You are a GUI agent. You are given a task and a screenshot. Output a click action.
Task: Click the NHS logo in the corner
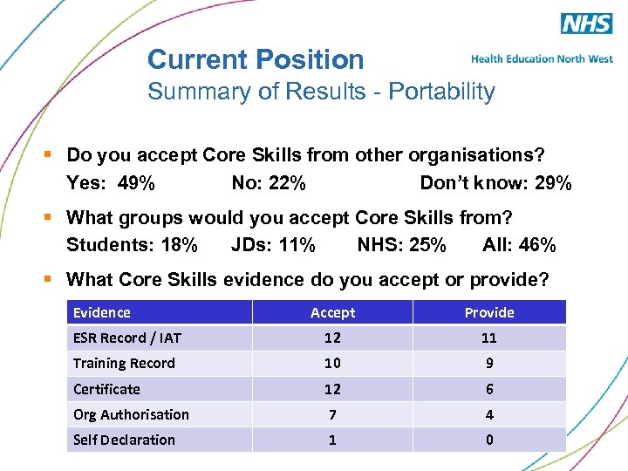586,23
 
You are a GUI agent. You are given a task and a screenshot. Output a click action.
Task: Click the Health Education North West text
542,59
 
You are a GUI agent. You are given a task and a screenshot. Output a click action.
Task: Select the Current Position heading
256,59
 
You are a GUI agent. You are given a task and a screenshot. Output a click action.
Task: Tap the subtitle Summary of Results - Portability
321,92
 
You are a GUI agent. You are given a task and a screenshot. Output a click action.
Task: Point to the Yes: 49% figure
111,183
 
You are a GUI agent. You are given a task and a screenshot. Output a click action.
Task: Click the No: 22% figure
268,183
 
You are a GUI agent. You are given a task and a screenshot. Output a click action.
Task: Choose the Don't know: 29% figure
495,183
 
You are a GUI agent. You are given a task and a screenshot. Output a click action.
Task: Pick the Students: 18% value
132,245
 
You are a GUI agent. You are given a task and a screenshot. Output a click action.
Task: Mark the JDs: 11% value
273,245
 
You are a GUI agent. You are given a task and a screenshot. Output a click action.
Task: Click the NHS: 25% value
401,245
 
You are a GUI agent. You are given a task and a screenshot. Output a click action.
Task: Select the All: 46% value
519,245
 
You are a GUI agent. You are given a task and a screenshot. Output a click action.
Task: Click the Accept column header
332,312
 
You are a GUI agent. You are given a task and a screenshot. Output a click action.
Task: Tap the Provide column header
489,312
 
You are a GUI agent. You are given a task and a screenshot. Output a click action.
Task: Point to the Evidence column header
102,312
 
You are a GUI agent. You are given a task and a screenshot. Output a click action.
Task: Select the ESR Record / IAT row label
127,338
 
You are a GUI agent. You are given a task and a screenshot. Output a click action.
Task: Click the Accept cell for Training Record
332,363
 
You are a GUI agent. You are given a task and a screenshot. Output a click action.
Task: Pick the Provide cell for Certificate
489,389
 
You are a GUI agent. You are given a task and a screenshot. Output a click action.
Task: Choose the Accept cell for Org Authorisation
332,414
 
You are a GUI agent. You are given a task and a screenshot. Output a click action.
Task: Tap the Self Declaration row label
124,440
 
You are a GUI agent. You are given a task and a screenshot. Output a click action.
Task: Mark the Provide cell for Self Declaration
489,440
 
